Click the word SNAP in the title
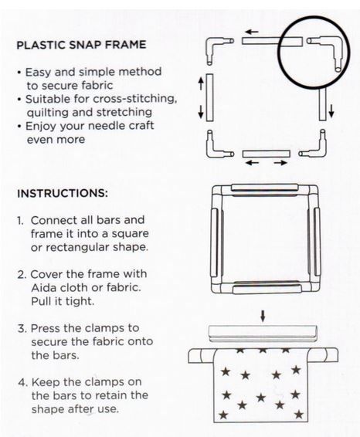(88, 45)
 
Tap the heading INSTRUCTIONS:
(63, 194)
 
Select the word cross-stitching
(135, 99)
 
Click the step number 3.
(22, 328)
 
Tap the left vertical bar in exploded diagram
(209, 97)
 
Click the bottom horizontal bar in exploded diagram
(266, 154)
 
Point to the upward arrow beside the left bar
(201, 83)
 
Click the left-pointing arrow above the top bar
(252, 32)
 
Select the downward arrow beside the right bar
(331, 110)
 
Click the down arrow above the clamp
(263, 317)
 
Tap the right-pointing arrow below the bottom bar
(280, 163)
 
